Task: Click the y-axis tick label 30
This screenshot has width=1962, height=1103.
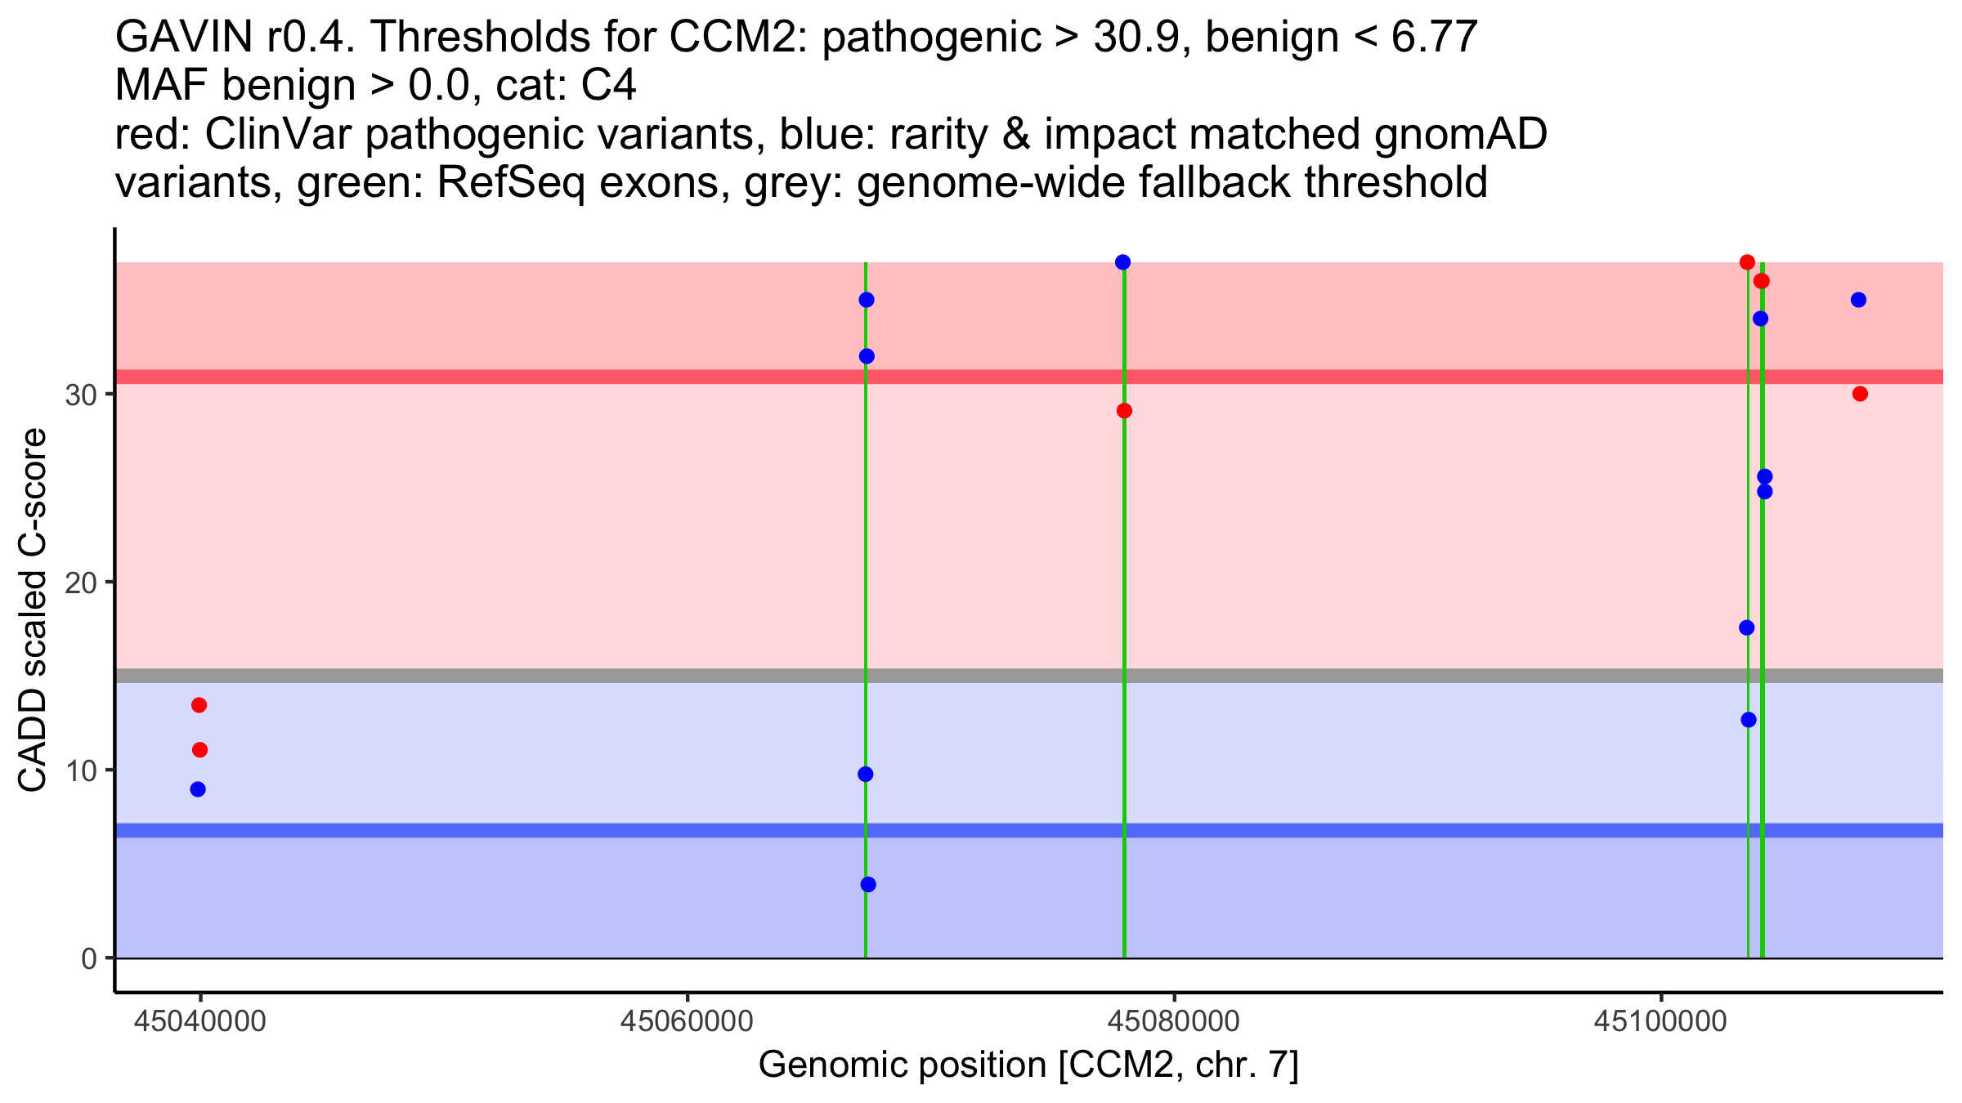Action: coord(79,395)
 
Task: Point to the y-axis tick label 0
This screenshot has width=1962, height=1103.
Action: coord(88,958)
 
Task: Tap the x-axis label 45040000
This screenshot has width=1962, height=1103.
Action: coord(199,1021)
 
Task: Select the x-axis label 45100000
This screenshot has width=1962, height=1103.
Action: coord(1661,1021)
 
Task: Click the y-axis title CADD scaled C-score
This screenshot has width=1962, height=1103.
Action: coord(33,610)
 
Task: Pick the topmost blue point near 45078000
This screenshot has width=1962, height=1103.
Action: coord(1122,262)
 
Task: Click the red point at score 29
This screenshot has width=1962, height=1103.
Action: coord(1124,411)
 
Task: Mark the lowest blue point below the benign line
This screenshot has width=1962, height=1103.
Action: coord(868,885)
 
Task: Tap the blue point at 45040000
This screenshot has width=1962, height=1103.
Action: coord(198,789)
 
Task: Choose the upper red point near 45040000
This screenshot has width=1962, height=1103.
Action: coord(199,705)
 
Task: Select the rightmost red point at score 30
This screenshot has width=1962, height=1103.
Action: coord(1860,394)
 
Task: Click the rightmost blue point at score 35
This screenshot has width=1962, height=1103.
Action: coord(1858,300)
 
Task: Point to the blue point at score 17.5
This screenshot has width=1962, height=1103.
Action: coord(1746,627)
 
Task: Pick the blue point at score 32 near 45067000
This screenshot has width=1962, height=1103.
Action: coord(867,356)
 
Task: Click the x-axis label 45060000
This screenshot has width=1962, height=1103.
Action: coord(688,1021)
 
